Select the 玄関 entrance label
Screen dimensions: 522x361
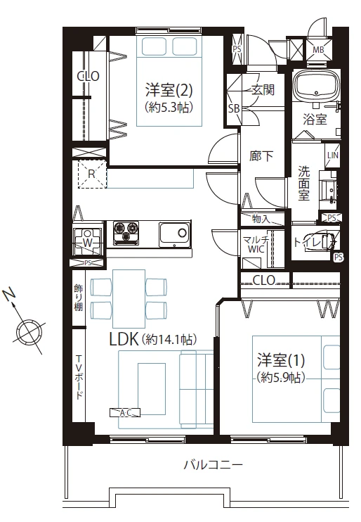pos(262,89)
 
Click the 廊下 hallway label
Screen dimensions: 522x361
pos(261,156)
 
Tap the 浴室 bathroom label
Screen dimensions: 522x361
pos(314,119)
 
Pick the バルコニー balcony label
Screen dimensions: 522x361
pos(213,465)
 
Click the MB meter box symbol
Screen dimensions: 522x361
pos(318,49)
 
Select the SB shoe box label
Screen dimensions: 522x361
pos(233,109)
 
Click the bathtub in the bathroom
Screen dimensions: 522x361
pos(315,87)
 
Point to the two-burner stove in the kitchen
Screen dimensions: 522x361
pos(124,231)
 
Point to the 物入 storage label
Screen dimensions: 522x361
pos(260,219)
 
